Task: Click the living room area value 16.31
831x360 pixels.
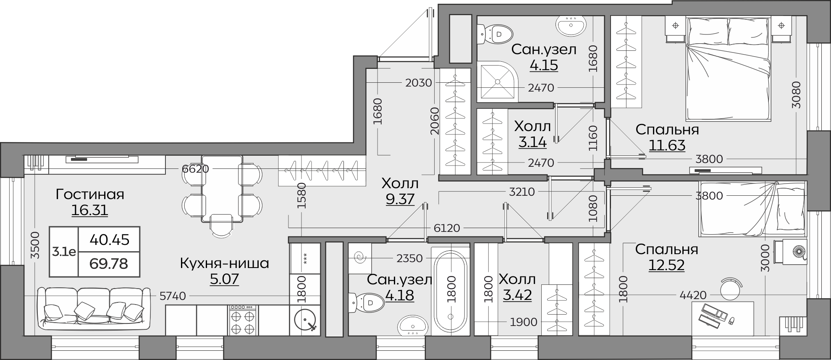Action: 89,210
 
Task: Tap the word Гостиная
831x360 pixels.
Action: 90,194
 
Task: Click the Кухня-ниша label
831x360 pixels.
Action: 224,263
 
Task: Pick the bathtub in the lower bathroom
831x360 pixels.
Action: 451,291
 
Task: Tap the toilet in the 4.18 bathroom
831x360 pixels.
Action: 367,302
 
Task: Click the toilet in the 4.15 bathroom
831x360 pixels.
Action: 497,34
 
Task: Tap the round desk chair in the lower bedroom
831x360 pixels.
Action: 731,288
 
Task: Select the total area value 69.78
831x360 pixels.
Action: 109,264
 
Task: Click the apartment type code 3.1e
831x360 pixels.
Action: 64,252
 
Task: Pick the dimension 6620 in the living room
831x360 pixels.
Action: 195,169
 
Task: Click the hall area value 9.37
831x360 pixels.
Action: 400,199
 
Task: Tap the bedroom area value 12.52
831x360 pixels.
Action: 666,265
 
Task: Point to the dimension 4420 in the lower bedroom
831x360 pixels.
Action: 693,295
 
